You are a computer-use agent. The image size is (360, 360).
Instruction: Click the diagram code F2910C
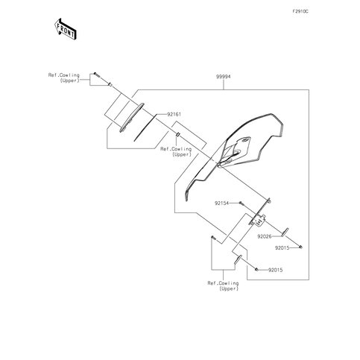(300, 11)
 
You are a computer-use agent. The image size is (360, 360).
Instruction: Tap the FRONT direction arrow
(66, 29)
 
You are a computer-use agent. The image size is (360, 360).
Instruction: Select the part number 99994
(223, 77)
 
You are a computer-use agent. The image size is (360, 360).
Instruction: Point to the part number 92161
(174, 114)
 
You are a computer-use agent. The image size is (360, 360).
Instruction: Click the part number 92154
(222, 203)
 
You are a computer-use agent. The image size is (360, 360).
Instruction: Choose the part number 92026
(265, 236)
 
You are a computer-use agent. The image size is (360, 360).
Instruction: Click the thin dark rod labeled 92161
(145, 127)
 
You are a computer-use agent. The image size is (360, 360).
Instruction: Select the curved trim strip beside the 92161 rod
(131, 118)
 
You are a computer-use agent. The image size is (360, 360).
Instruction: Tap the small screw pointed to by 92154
(241, 203)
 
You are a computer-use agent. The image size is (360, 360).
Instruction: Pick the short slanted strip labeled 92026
(285, 232)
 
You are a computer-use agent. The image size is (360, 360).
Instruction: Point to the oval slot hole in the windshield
(245, 141)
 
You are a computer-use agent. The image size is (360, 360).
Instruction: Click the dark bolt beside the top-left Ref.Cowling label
(96, 75)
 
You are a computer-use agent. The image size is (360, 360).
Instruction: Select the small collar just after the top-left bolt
(110, 85)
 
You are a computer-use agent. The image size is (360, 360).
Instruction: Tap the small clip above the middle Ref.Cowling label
(177, 135)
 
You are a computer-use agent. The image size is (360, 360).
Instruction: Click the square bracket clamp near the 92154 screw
(259, 220)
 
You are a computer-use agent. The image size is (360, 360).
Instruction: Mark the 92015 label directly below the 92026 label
(282, 247)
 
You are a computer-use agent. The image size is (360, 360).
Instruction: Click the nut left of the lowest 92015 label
(256, 269)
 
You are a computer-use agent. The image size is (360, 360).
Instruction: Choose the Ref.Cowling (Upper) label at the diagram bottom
(223, 285)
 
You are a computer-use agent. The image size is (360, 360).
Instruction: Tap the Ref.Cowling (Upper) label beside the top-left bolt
(64, 78)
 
